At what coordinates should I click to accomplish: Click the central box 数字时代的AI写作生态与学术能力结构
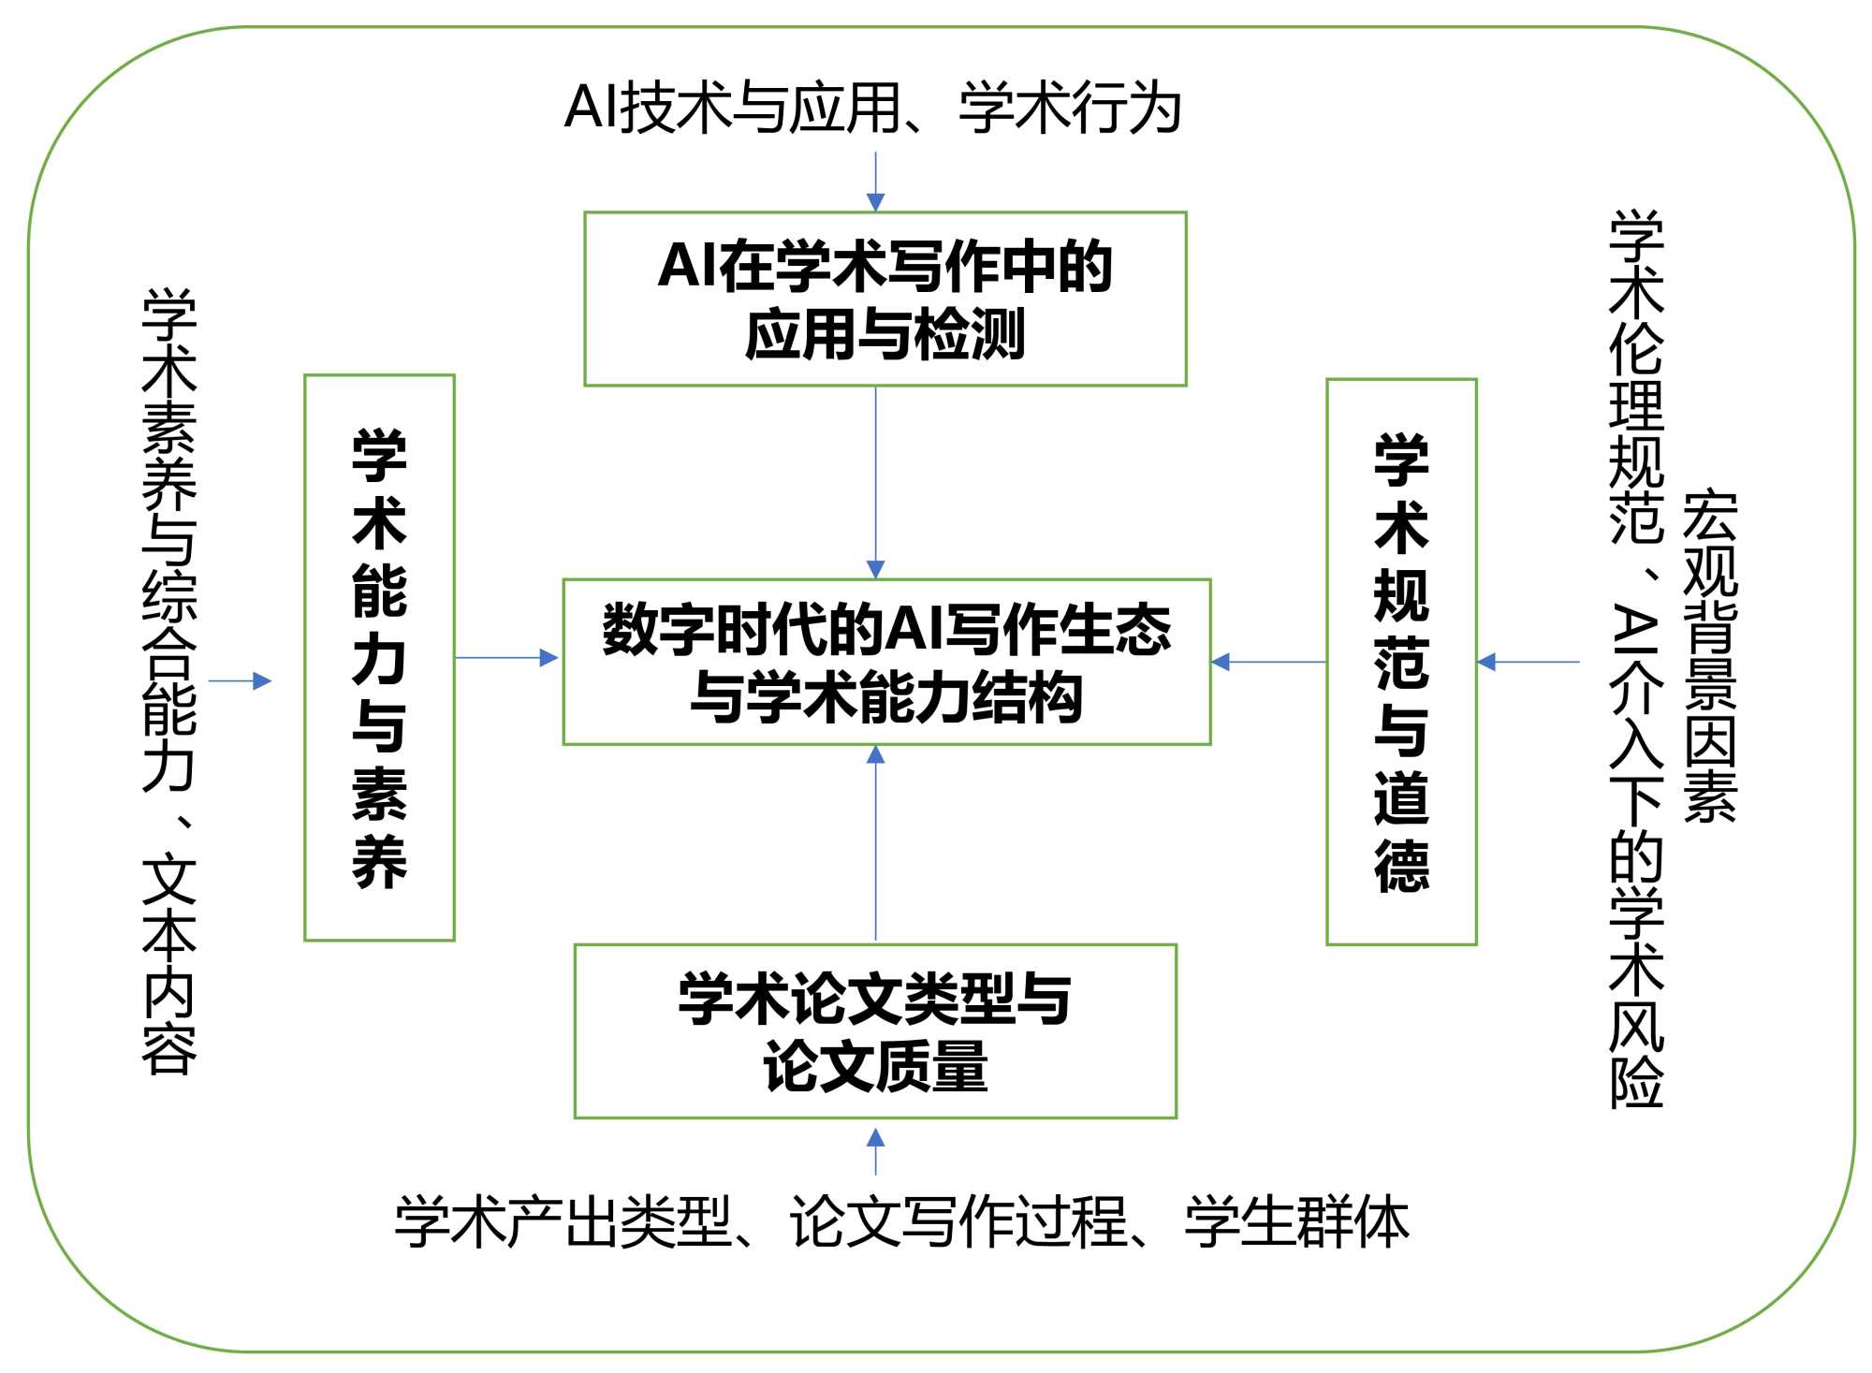886,662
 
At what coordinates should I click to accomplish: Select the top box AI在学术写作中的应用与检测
885,299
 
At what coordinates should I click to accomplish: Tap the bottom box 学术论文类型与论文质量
875,1030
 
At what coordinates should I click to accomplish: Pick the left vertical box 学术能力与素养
379,657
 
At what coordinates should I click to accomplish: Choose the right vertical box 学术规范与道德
1401,662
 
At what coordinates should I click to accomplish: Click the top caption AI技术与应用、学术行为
872,108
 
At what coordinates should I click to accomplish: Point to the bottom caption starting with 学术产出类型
901,1220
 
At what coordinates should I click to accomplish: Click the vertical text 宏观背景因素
1709,655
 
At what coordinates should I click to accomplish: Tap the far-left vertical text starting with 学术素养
169,680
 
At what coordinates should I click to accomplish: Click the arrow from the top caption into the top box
875,182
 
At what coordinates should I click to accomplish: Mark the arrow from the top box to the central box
875,482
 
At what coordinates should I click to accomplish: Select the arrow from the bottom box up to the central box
875,842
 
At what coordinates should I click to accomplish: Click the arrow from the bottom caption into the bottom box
875,1151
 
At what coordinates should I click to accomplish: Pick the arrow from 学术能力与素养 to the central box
506,658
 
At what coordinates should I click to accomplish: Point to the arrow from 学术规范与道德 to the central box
1268,662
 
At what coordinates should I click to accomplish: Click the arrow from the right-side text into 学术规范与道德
1528,662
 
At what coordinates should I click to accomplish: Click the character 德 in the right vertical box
1401,865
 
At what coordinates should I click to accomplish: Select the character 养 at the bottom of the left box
379,861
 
